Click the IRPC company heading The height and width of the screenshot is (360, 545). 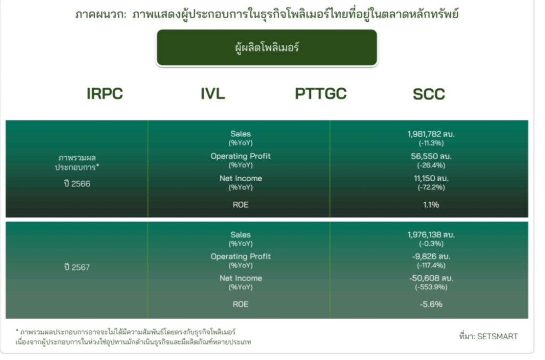pos(105,94)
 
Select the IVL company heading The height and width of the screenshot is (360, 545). pos(213,94)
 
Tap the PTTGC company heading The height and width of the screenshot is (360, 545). pos(320,94)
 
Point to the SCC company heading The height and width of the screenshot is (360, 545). pos(429,94)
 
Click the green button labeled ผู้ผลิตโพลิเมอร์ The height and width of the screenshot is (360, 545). pos(267,47)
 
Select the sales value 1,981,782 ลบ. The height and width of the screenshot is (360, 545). pos(431,134)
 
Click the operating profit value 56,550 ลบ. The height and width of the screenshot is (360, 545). pos(431,156)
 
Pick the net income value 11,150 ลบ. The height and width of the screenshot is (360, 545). pos(431,178)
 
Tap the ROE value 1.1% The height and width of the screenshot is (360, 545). pos(431,204)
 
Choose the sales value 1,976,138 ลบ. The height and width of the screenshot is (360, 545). pos(431,234)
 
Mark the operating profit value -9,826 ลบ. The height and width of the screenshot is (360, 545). pos(431,256)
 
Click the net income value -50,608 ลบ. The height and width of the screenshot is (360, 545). pos(431,278)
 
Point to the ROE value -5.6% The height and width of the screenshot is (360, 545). pos(431,304)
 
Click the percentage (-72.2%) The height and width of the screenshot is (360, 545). pos(431,187)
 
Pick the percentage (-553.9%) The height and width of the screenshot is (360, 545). pos(431,287)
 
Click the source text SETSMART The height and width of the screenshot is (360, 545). pos(497,336)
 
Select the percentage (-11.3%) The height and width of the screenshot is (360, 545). pos(431,143)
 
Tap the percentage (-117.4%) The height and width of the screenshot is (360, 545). pos(431,265)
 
